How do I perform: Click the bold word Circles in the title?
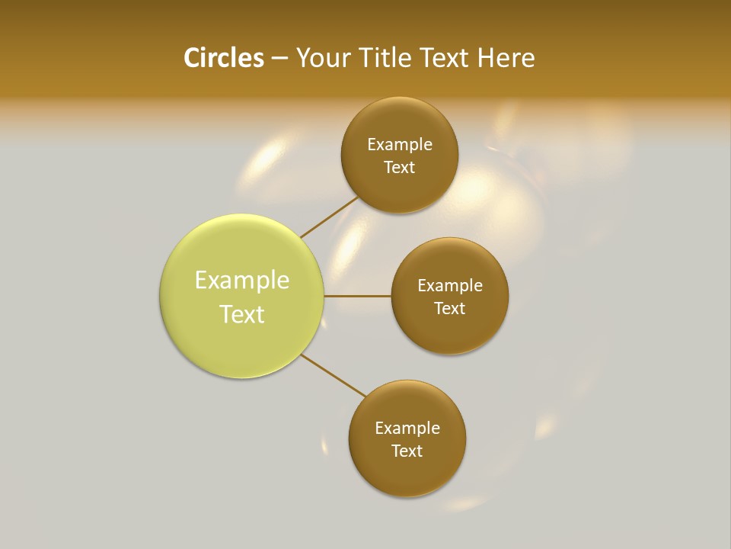[x=223, y=58]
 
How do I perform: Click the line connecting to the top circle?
[x=329, y=217]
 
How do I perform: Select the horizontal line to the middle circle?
[x=357, y=296]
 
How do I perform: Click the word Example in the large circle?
[x=242, y=281]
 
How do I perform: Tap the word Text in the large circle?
[x=242, y=314]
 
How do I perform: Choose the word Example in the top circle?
[x=400, y=144]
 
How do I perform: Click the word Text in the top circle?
[x=400, y=167]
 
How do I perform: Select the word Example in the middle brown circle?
[x=450, y=285]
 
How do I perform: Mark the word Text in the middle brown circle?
[x=450, y=308]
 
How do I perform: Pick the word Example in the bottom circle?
[x=407, y=428]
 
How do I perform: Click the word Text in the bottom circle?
[x=407, y=451]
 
